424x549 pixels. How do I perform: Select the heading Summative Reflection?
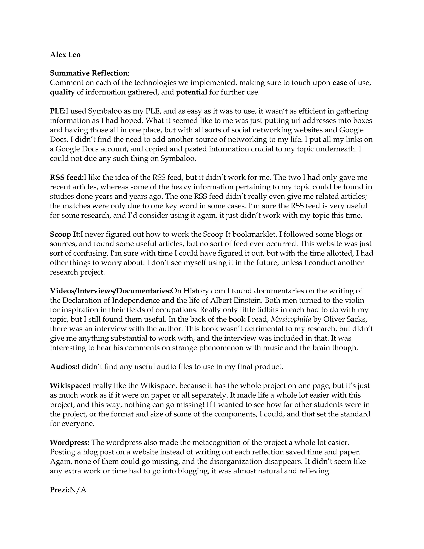[x=89, y=73]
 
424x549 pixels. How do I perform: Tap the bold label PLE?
[x=58, y=111]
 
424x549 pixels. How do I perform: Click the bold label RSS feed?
[x=67, y=178]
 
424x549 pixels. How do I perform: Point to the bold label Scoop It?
[x=65, y=234]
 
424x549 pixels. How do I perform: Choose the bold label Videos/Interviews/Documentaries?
[x=110, y=291]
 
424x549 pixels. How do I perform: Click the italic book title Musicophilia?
[x=291, y=319]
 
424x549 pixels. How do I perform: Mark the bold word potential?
[x=192, y=92]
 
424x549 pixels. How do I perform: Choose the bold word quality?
[x=62, y=92]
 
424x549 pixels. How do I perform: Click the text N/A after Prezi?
[x=78, y=490]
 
